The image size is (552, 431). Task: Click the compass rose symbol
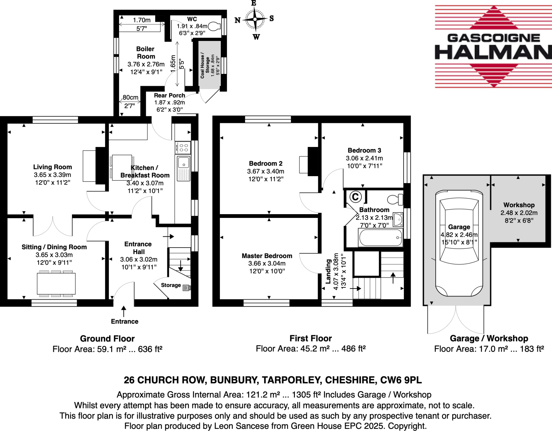[x=255, y=19]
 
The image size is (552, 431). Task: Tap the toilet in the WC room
[x=215, y=26]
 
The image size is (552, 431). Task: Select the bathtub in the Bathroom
[x=381, y=237]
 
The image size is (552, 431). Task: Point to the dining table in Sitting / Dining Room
[x=56, y=283]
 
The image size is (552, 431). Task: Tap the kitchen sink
[x=184, y=163]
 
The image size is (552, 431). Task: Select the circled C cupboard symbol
[x=355, y=197]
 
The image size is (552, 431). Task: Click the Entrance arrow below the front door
[x=124, y=311]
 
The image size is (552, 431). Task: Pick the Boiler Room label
[x=146, y=53]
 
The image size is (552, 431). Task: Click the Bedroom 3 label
[x=364, y=150]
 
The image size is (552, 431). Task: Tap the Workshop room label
[x=519, y=205]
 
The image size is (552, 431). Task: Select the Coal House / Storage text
[x=205, y=66]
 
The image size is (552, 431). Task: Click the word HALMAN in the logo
[x=493, y=52]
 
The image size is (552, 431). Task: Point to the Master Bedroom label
[x=267, y=255]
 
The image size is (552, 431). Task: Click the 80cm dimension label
[x=130, y=97]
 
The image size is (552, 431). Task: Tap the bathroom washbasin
[x=398, y=219]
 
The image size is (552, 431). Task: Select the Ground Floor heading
[x=107, y=338]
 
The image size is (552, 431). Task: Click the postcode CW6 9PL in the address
[x=401, y=380]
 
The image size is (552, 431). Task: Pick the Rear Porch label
[x=170, y=95]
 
